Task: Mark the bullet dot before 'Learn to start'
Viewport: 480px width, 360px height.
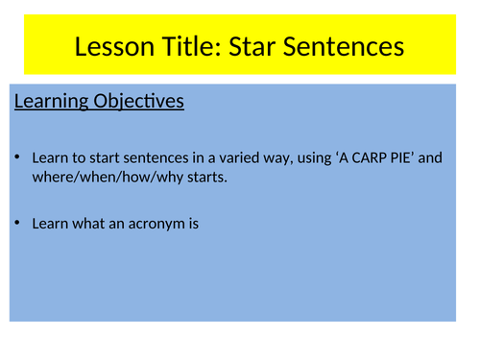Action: pyautogui.click(x=19, y=157)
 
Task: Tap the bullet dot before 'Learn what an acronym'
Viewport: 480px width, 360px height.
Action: pyautogui.click(x=19, y=224)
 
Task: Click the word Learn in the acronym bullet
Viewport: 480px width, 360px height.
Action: pyautogui.click(x=49, y=224)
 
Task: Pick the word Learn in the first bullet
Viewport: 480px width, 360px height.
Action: pyautogui.click(x=49, y=157)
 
